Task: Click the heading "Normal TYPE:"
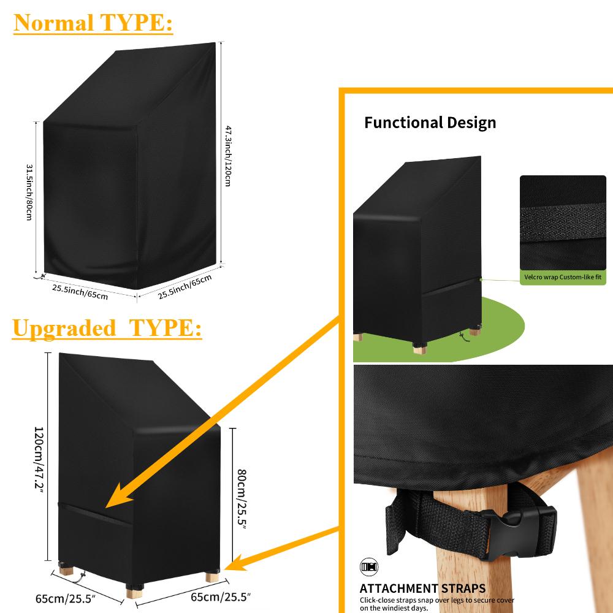(94, 23)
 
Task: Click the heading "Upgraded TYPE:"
(107, 329)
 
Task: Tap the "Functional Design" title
(430, 123)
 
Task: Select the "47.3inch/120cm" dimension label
(227, 156)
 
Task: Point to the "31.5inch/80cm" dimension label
(28, 192)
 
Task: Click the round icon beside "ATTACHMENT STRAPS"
(366, 567)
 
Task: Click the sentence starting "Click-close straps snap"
(436, 604)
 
